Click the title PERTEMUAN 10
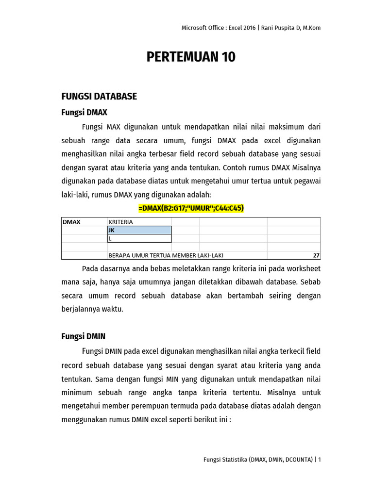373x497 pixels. (191, 57)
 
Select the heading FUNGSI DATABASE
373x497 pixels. (99, 96)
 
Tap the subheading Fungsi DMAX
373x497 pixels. (84, 112)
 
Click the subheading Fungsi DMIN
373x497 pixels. (83, 336)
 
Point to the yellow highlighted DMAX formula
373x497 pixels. (191, 208)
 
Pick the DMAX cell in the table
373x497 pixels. (71, 222)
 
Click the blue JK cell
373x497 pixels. (139, 230)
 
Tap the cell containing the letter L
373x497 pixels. (139, 238)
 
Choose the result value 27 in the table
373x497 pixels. (316, 255)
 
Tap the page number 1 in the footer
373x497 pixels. (319, 459)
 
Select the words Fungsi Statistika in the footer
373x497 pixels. (226, 459)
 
